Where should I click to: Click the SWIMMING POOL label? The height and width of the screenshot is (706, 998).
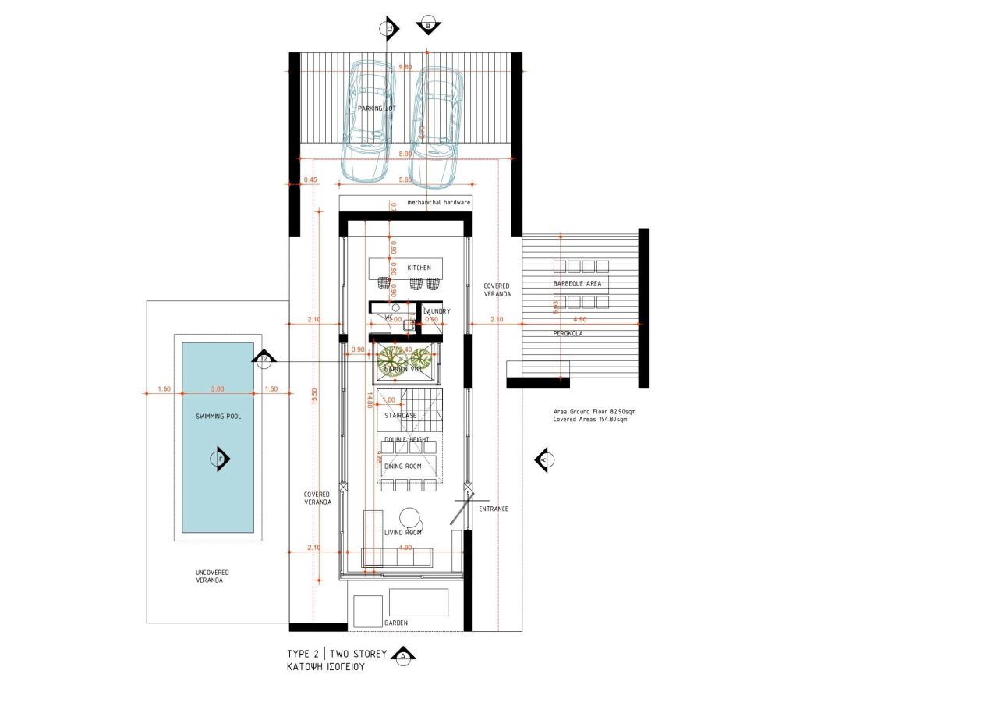click(x=218, y=417)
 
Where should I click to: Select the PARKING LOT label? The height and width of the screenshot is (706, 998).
click(x=377, y=108)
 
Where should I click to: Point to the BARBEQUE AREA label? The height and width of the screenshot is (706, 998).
click(x=578, y=283)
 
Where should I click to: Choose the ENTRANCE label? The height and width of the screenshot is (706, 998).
click(x=494, y=509)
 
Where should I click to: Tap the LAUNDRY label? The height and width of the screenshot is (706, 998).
click(x=436, y=311)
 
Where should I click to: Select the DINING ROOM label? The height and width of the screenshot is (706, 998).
click(x=402, y=467)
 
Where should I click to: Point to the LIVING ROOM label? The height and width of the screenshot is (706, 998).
click(x=402, y=533)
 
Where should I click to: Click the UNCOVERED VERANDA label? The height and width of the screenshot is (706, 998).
click(x=212, y=577)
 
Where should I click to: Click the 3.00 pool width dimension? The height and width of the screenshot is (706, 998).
click(x=218, y=388)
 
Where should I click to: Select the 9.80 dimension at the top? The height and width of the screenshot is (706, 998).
click(x=405, y=68)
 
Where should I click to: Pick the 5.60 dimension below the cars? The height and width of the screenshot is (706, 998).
click(x=405, y=180)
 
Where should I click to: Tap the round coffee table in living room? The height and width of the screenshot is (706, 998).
click(x=409, y=517)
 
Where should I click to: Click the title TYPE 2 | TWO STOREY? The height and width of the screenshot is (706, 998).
click(x=336, y=653)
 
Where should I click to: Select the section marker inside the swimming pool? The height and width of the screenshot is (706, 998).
click(x=220, y=459)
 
